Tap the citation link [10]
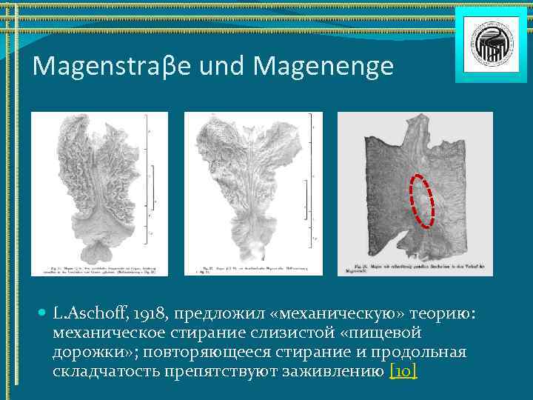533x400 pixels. pos(403,371)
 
